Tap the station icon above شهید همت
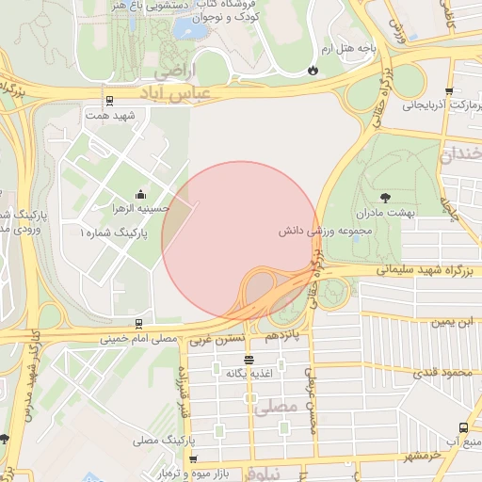click(x=110, y=100)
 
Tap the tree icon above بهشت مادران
click(x=386, y=197)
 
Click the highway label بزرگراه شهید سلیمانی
click(x=396, y=269)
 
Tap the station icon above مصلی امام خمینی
click(x=139, y=323)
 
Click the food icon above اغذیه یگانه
click(x=249, y=360)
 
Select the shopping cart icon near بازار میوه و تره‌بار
click(x=193, y=459)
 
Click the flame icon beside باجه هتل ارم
click(x=313, y=70)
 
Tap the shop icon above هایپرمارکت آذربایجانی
click(x=449, y=92)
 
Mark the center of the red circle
click(x=240, y=239)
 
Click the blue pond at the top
click(x=192, y=29)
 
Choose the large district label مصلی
click(x=276, y=407)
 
